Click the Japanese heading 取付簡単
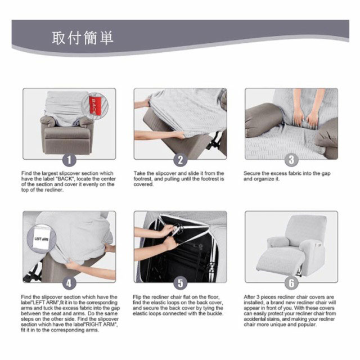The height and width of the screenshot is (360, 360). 83,38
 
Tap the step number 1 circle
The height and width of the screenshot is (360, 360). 69,160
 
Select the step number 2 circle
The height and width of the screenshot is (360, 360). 180,160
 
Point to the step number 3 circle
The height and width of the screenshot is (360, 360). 291,160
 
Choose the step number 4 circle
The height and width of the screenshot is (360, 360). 69,283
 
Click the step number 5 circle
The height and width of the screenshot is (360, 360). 180,283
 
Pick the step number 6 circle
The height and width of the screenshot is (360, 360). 291,283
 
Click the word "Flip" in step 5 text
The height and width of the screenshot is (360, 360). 137,297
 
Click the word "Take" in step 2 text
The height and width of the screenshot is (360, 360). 139,173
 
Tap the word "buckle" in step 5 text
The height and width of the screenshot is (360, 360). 214,313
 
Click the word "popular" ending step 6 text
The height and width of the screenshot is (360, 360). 308,325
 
